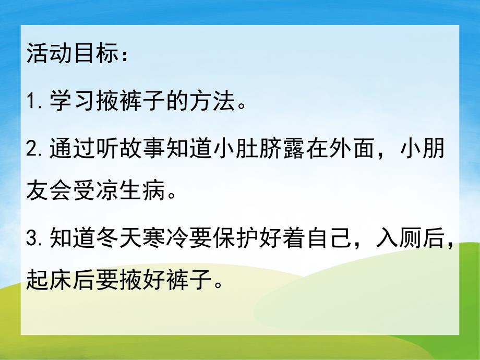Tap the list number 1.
32,103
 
